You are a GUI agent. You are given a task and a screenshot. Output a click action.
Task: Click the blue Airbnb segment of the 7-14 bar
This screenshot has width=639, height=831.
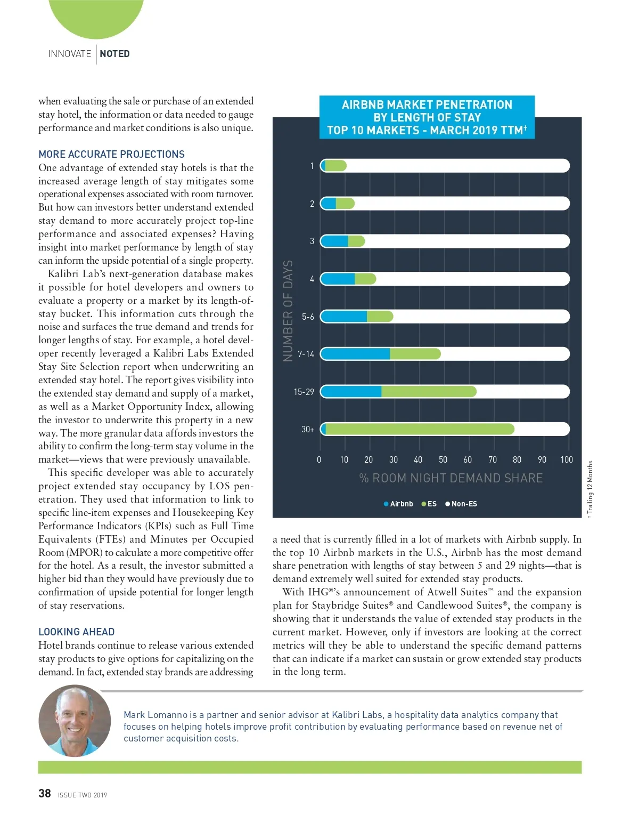click(355, 354)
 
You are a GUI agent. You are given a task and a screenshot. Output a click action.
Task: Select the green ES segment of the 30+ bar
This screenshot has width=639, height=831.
click(420, 429)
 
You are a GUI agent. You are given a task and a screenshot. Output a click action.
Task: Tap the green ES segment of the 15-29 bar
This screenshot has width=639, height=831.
click(428, 392)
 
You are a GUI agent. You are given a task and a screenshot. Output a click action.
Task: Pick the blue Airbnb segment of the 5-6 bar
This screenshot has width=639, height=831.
click(344, 317)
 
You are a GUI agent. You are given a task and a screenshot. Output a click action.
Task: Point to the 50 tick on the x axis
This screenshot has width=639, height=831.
click(443, 459)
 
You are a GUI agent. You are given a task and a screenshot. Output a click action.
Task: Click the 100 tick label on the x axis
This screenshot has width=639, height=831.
click(567, 459)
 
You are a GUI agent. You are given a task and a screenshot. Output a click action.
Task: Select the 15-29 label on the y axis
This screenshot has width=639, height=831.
click(304, 392)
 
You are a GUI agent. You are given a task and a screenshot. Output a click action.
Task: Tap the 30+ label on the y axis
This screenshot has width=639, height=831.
click(308, 429)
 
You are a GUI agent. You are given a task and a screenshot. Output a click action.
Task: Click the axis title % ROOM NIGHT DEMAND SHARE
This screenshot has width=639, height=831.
click(451, 478)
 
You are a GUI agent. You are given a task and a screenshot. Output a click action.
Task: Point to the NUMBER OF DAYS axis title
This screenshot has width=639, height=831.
click(288, 311)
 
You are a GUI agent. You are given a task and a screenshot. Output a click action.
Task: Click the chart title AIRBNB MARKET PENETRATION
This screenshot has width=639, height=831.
click(427, 104)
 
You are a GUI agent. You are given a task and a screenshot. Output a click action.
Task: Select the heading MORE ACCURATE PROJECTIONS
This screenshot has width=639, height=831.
click(111, 154)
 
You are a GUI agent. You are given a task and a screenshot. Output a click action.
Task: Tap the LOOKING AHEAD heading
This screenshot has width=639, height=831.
click(76, 632)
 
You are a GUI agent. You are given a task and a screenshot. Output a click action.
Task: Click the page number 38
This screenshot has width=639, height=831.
click(45, 794)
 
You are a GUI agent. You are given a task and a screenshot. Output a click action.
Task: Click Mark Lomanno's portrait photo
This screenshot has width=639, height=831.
click(75, 721)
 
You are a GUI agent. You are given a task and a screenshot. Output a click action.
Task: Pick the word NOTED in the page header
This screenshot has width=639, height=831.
click(114, 54)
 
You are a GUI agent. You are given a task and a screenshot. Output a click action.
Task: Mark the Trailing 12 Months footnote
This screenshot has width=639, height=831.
click(590, 488)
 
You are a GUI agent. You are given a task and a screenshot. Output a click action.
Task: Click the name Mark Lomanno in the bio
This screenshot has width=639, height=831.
click(155, 715)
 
